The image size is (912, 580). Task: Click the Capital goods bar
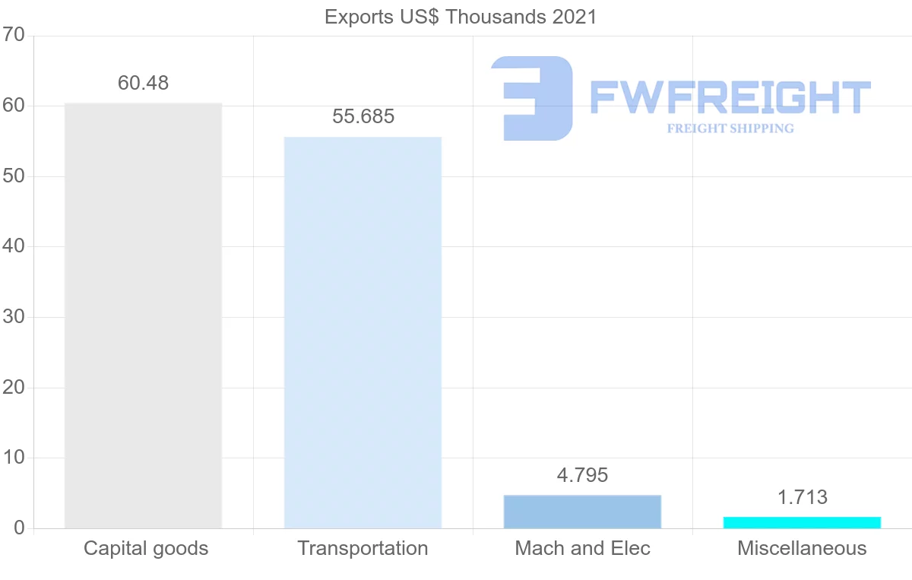click(x=143, y=315)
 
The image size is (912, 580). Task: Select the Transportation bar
click(x=363, y=332)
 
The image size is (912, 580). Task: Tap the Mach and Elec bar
click(x=582, y=512)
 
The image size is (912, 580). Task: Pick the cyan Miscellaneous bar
click(x=802, y=522)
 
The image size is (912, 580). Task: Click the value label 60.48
click(x=143, y=83)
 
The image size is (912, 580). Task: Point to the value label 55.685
click(x=363, y=117)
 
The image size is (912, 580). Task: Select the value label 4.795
click(x=582, y=475)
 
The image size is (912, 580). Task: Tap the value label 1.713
click(x=802, y=497)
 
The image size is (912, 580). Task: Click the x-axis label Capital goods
click(x=146, y=548)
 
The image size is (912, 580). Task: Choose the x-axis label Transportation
click(x=363, y=548)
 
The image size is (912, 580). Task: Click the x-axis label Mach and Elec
click(x=582, y=548)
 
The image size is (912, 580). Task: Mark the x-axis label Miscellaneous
click(x=802, y=548)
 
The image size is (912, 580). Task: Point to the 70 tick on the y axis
click(x=14, y=35)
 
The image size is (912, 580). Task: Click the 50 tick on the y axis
click(x=14, y=176)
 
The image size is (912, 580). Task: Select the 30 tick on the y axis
click(x=14, y=317)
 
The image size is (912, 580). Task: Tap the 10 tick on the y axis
click(x=14, y=458)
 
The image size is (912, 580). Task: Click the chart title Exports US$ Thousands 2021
click(x=461, y=17)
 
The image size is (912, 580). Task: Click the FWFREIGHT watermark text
click(x=730, y=97)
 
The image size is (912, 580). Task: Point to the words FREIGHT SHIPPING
click(x=730, y=128)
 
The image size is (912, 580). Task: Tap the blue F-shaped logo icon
click(x=532, y=98)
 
